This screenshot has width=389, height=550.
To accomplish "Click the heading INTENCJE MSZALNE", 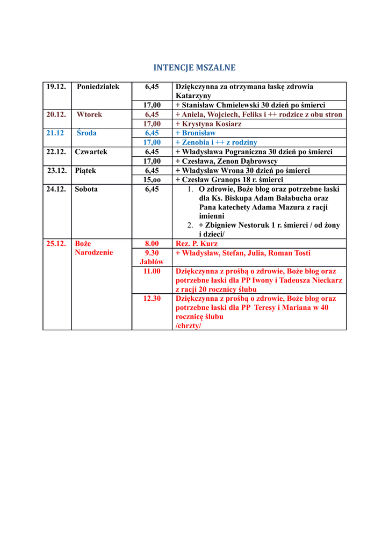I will [x=195, y=68].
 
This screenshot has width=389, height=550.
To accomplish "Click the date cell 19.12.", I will [x=56, y=86].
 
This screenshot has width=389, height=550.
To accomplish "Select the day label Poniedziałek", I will [x=98, y=86].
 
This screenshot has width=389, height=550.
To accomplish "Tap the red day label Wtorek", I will [x=89, y=114].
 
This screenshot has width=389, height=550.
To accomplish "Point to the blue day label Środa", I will [x=87, y=133].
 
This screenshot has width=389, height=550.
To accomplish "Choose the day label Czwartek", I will [x=91, y=152].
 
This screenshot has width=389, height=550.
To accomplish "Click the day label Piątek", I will [x=85, y=171].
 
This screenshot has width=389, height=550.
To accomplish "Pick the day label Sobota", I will [x=86, y=189].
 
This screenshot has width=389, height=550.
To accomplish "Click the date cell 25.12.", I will [x=56, y=243].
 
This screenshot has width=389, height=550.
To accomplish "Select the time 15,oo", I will [x=152, y=180].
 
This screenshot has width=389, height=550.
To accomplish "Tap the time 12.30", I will [x=152, y=299].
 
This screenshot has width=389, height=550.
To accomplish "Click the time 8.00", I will [x=152, y=243].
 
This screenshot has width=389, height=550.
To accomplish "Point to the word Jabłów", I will [x=152, y=262].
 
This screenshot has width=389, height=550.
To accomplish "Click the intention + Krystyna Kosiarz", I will [x=208, y=124].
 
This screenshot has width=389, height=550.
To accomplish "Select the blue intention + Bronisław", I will [x=196, y=133].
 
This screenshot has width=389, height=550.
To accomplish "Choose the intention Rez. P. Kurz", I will [x=197, y=243].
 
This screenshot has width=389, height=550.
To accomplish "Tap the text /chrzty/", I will [x=189, y=325].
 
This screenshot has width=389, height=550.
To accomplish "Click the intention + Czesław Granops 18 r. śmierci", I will [x=229, y=180].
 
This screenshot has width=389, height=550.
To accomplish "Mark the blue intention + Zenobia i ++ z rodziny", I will [x=216, y=142].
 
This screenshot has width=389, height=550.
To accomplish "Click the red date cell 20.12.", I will [x=56, y=114].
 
